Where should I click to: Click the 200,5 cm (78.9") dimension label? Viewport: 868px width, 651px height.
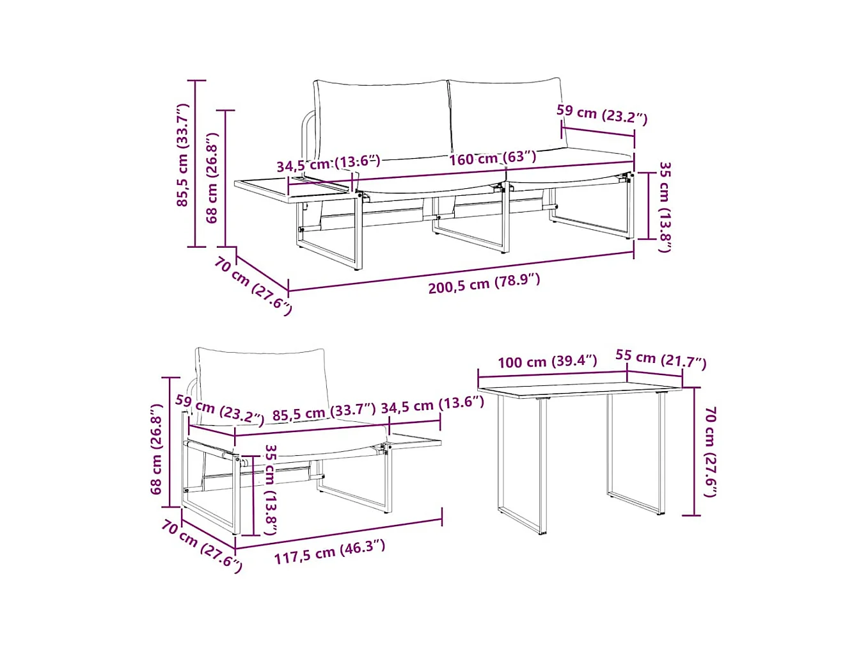[x=484, y=283]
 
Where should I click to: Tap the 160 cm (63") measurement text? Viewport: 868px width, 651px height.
[x=493, y=157]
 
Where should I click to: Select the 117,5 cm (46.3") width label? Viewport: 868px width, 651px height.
[x=329, y=552]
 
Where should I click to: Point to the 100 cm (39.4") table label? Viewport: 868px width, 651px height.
[x=547, y=362]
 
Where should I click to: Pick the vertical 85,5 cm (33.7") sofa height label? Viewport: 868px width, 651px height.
[x=184, y=155]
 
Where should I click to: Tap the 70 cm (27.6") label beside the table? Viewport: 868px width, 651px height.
[x=710, y=451]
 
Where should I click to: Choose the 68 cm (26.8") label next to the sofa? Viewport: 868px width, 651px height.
[x=212, y=178]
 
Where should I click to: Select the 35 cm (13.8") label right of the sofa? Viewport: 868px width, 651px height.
[x=665, y=207]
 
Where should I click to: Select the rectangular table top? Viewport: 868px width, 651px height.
[x=579, y=389]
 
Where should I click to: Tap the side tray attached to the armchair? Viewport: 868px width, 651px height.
[x=414, y=440]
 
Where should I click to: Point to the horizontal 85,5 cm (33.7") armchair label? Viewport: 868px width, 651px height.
[x=324, y=412]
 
